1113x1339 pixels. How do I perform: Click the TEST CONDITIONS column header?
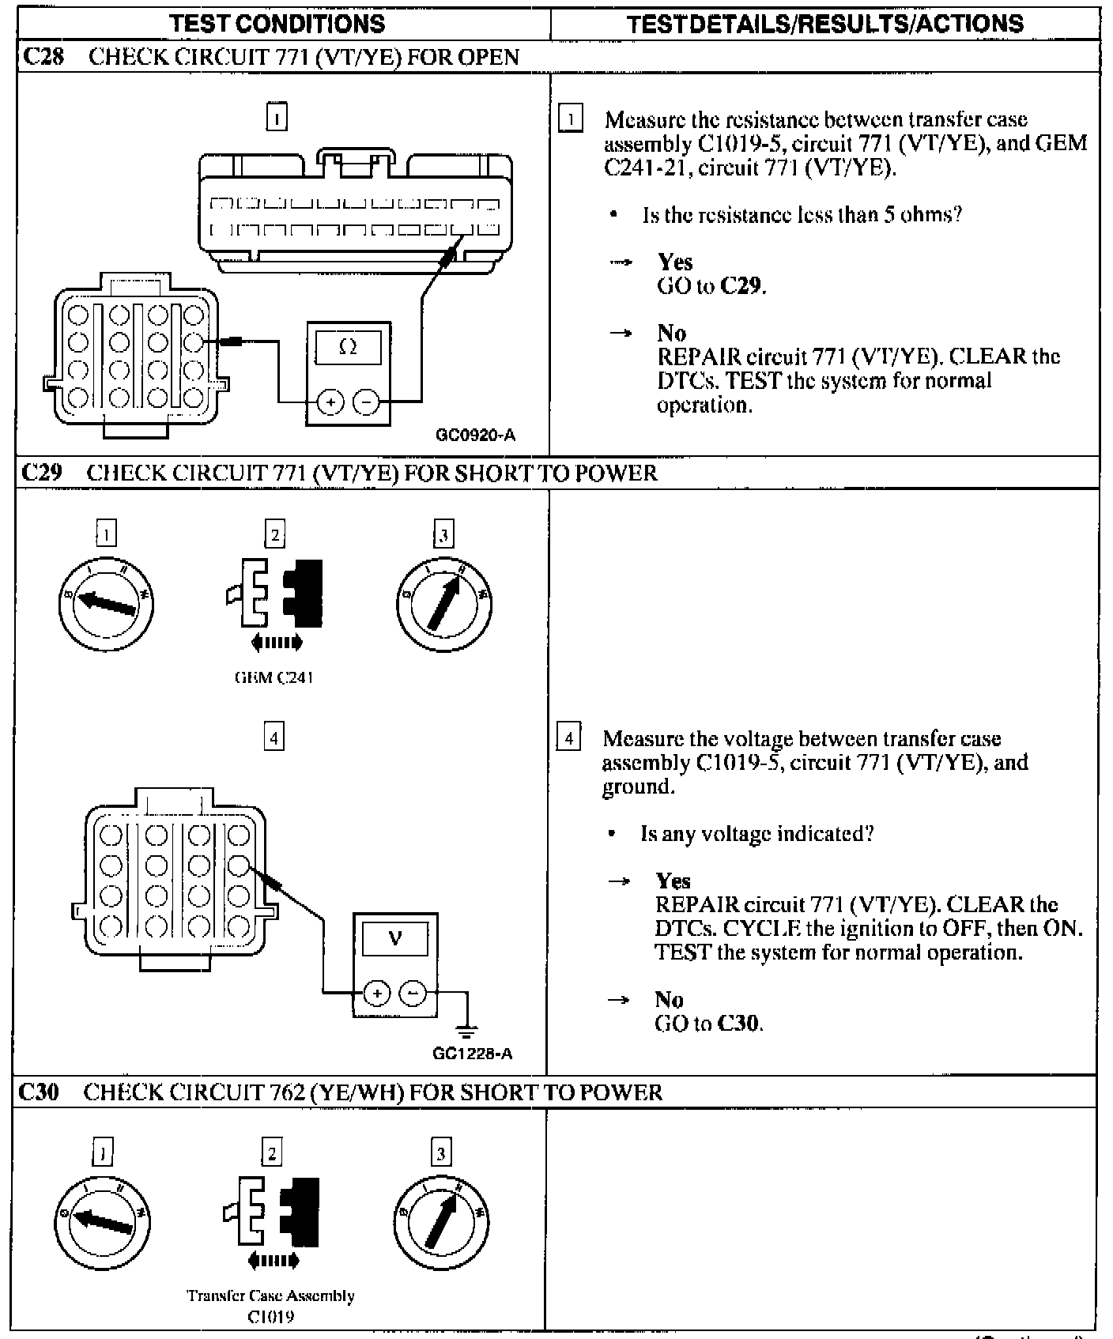(277, 24)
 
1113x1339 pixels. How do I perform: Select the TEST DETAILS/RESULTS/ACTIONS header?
(824, 24)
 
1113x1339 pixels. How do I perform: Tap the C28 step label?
(43, 57)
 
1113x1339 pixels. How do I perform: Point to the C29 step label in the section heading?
(42, 473)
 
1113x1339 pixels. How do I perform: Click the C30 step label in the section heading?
(39, 1092)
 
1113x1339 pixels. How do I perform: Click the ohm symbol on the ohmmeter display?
(348, 347)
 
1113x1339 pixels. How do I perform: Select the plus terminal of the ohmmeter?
(330, 403)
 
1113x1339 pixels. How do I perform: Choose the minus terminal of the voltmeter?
(412, 993)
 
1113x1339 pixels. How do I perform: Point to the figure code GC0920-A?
(476, 435)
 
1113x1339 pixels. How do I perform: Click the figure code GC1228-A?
(473, 1054)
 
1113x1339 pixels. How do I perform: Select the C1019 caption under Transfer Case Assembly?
(270, 1318)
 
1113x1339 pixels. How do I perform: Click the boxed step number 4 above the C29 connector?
(274, 738)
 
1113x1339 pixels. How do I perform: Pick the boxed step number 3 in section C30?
(440, 1153)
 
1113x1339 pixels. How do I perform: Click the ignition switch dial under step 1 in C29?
(107, 605)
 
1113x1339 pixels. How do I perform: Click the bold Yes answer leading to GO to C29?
(675, 262)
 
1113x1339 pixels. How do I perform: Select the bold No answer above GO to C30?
(669, 1000)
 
